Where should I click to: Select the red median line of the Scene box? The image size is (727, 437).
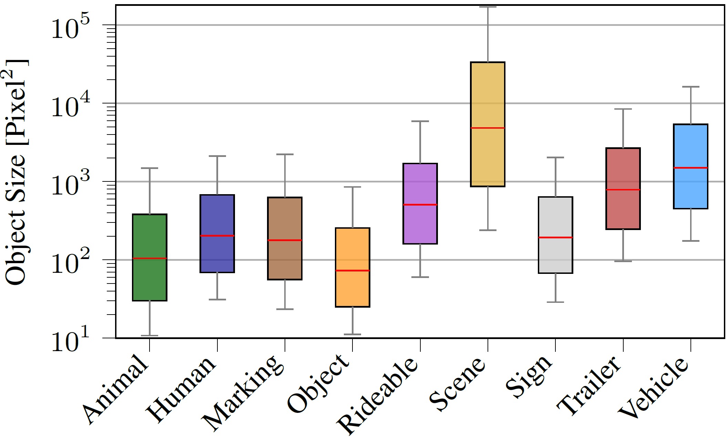coord(488,128)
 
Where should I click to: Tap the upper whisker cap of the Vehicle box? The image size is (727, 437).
coord(690,87)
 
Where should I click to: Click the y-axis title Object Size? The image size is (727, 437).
coord(17,172)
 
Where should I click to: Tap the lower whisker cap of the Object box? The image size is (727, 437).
coord(352,334)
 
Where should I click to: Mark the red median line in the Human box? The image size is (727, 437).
coord(217,236)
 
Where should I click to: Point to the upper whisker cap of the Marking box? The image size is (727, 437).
coord(285,155)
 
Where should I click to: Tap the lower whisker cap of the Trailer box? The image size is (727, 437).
coord(623,261)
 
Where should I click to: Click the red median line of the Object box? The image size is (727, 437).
coord(352,270)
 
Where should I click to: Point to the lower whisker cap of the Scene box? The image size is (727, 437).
coord(488,230)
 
